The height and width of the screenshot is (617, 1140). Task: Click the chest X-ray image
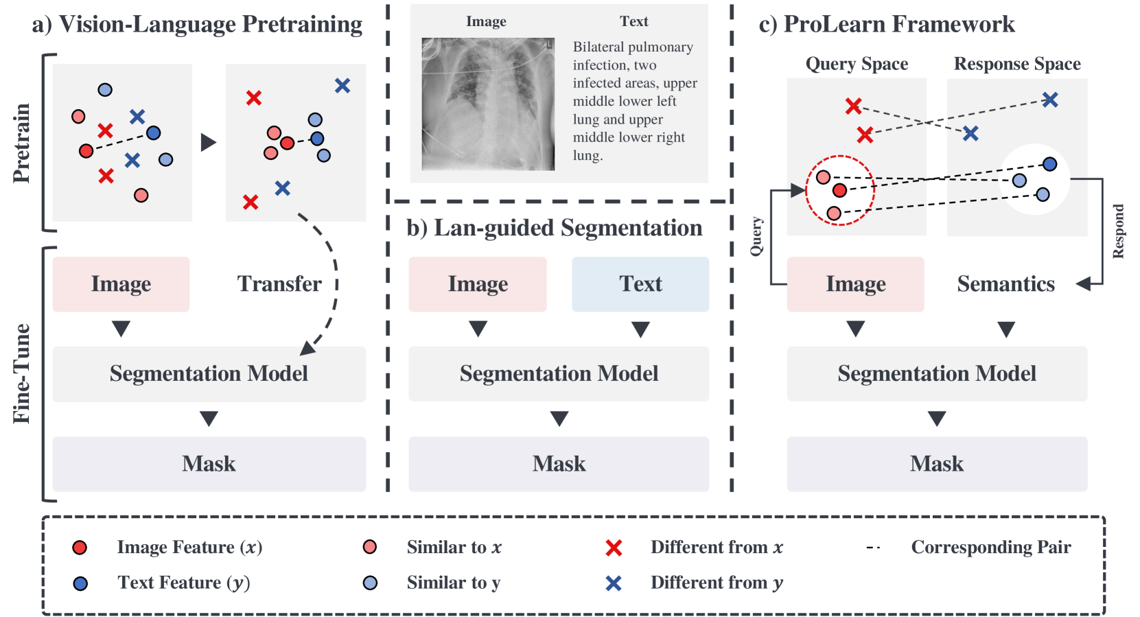point(487,104)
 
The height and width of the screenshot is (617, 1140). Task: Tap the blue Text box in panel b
point(640,284)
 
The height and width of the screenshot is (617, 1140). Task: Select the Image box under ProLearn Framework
point(855,284)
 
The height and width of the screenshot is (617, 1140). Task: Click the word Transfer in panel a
point(279,284)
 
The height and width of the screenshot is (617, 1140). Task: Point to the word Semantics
point(1005,284)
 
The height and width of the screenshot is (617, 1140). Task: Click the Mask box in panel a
point(209,464)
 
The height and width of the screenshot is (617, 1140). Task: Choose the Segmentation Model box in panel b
point(559,373)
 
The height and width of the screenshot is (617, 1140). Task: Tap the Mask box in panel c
point(937,464)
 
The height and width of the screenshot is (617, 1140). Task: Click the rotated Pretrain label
point(22,143)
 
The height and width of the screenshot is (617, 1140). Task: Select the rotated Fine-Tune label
point(22,373)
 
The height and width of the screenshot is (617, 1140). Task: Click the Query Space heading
point(857,64)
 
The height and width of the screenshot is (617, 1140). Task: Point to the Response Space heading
point(1017,64)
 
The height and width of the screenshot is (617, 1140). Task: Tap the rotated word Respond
point(1118,231)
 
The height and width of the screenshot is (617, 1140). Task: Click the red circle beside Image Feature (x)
point(80,547)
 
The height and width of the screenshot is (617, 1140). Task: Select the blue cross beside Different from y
point(614,583)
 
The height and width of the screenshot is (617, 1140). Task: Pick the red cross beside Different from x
point(614,548)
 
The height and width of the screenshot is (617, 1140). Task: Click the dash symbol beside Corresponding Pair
point(874,548)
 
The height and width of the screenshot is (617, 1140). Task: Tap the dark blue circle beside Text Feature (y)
point(80,583)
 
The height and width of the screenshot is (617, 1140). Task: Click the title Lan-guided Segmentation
point(555,228)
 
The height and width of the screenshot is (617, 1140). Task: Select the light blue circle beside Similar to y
point(370,583)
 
